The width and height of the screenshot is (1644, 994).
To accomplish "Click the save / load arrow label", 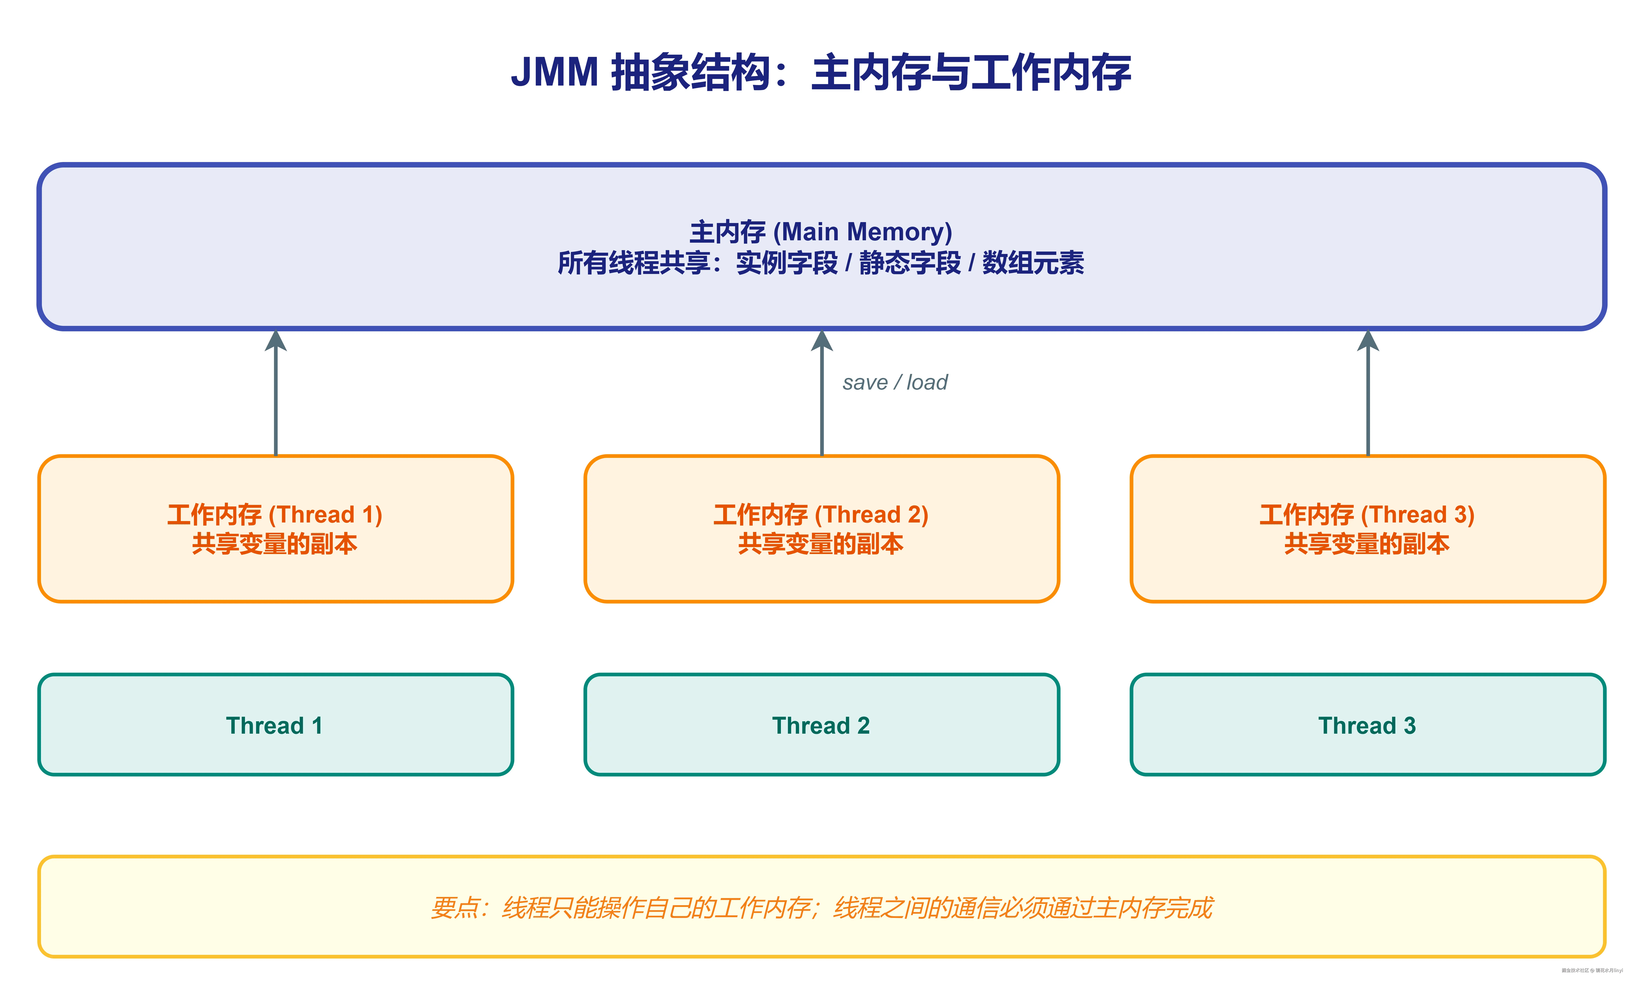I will click(x=894, y=382).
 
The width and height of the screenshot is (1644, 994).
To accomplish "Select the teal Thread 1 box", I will click(x=275, y=725).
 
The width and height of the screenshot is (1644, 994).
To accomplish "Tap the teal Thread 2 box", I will click(x=821, y=725).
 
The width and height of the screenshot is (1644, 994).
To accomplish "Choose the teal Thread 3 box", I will click(x=1367, y=725).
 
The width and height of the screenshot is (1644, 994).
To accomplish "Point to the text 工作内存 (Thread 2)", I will click(x=821, y=514).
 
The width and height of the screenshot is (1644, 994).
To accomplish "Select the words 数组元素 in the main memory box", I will click(x=1033, y=263).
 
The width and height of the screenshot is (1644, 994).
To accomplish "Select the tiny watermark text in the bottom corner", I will click(x=1591, y=971).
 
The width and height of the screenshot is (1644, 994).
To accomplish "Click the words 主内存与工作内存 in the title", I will click(x=971, y=72).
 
